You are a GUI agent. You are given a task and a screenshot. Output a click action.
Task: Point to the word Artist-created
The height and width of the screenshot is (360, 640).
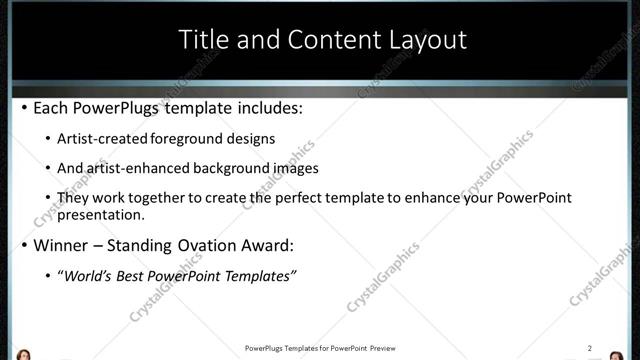(x=103, y=139)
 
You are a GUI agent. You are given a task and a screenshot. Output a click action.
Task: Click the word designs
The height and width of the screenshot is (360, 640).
(x=252, y=139)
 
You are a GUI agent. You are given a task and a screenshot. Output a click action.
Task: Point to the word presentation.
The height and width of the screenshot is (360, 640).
(x=101, y=214)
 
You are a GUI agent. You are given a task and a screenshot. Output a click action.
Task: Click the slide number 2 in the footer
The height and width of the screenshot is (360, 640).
(x=590, y=348)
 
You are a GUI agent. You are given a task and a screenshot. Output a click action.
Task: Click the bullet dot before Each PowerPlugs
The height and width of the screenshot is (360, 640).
(x=24, y=107)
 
